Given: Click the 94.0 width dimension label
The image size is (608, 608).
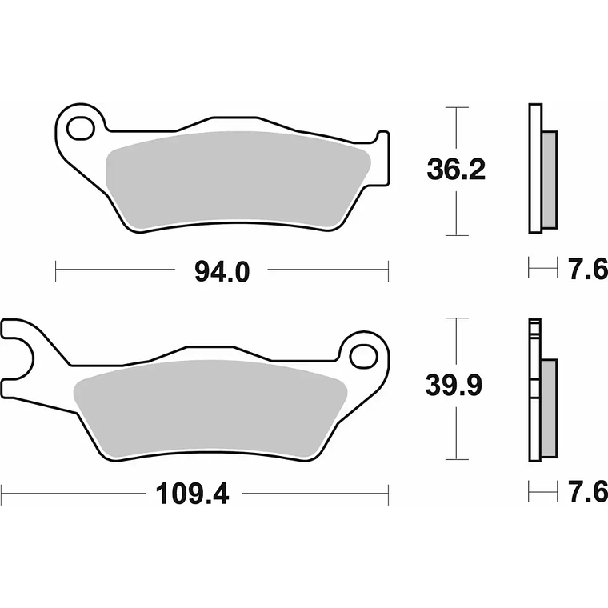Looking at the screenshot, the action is click(x=222, y=272).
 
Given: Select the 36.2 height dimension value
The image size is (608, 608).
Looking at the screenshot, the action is click(x=456, y=170).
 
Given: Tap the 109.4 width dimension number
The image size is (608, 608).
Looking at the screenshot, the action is click(x=192, y=494).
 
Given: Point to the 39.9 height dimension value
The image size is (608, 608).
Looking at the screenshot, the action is click(x=454, y=385).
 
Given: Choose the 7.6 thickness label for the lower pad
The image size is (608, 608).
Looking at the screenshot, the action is click(x=588, y=492).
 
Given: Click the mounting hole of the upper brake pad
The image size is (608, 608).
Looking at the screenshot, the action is click(x=81, y=128).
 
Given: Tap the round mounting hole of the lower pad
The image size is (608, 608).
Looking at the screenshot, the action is click(x=363, y=356).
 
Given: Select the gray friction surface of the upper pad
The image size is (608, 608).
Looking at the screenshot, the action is click(x=238, y=179).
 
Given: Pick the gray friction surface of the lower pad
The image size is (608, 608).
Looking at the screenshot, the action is click(x=210, y=408).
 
